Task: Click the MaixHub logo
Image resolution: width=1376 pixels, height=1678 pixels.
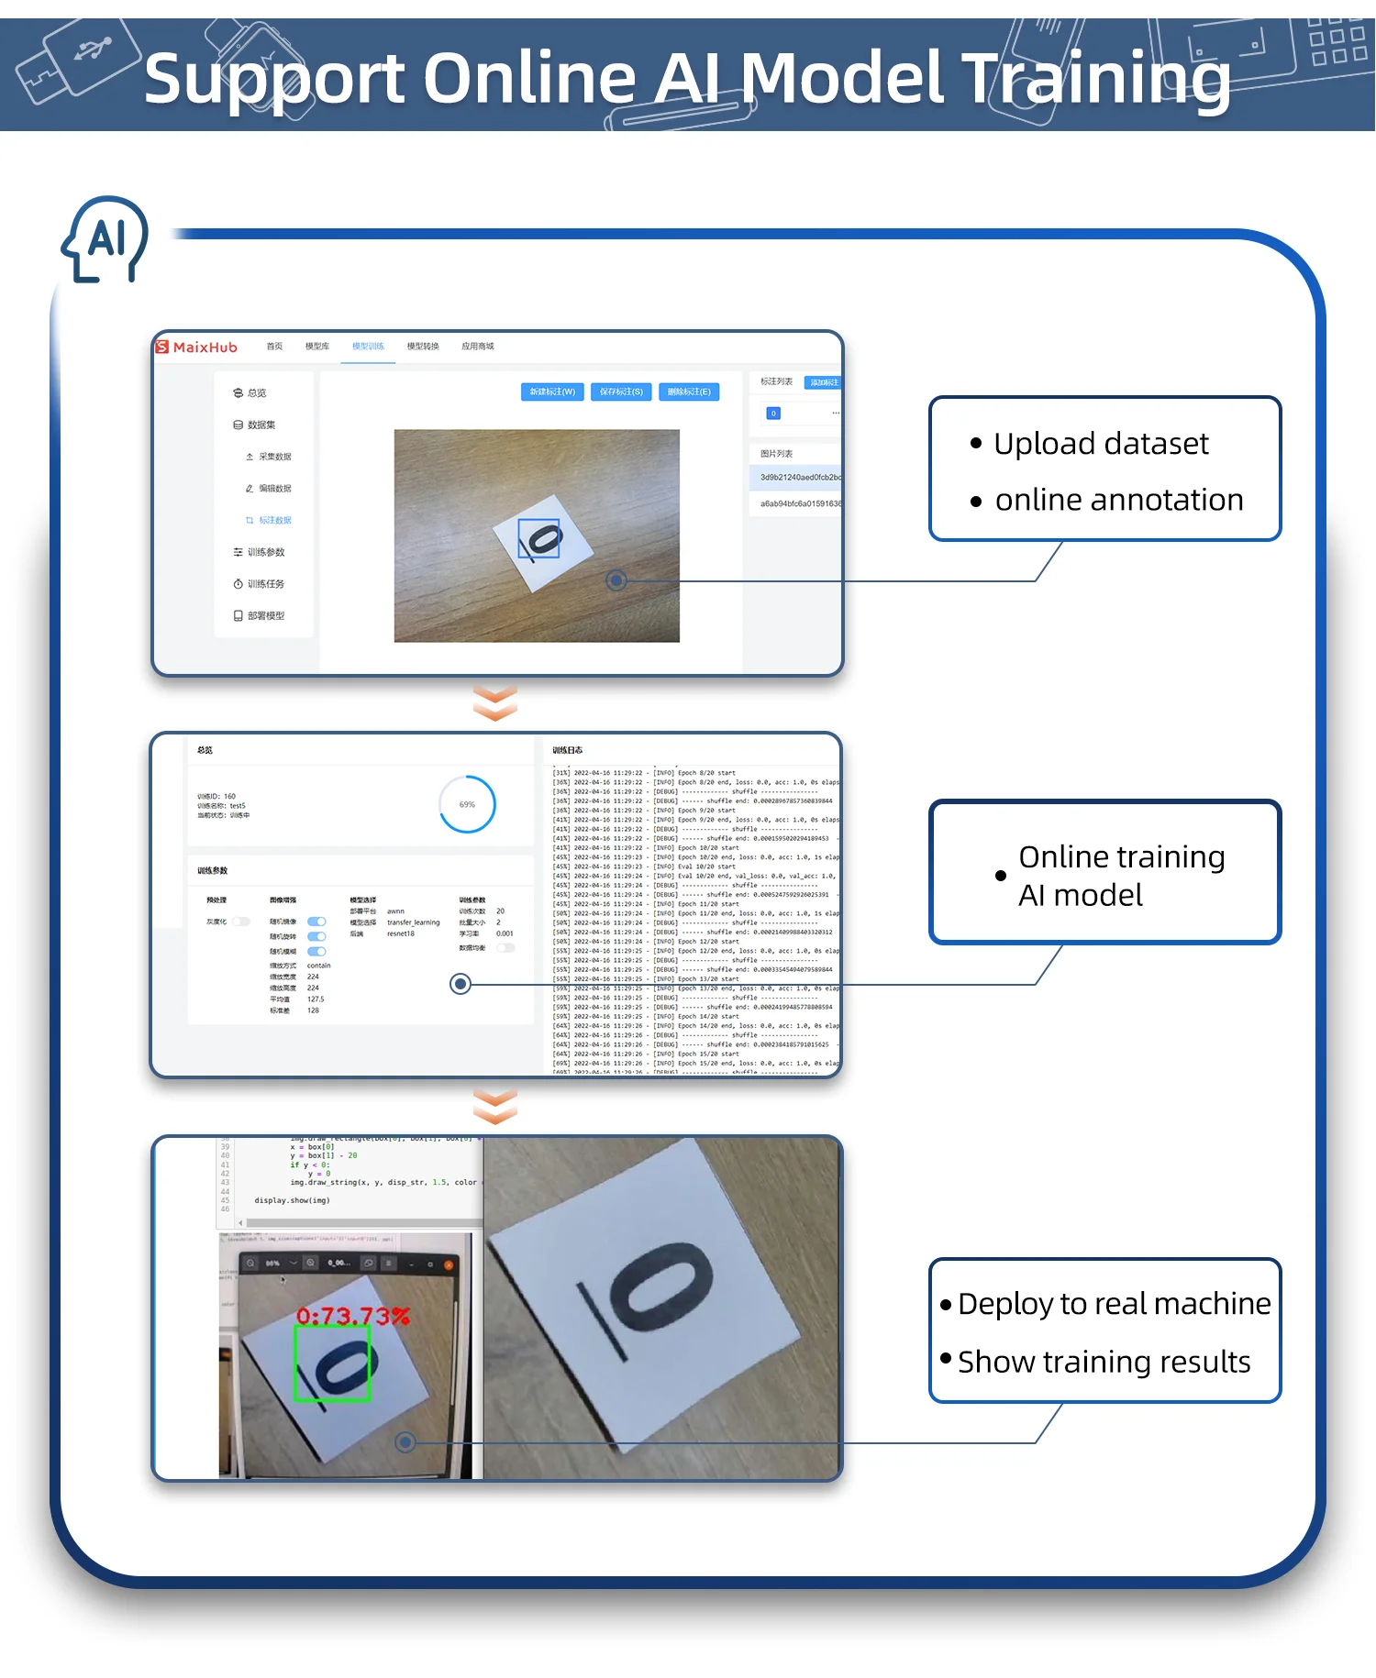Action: coord(196,347)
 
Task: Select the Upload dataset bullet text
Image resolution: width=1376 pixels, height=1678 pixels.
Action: coord(1101,444)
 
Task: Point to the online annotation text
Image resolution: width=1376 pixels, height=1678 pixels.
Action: coord(1118,500)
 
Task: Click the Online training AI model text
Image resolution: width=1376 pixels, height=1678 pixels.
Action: coord(1121,875)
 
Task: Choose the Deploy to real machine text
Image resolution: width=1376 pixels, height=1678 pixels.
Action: coord(1114,1303)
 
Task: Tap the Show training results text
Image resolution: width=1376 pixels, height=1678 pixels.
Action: coord(1104,1362)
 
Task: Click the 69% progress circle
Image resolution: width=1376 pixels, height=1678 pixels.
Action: coord(467,804)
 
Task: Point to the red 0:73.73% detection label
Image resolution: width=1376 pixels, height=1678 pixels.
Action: coord(352,1316)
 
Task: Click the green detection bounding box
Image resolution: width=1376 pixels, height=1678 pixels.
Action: coord(331,1363)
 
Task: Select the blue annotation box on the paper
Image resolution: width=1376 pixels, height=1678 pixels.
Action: coord(539,537)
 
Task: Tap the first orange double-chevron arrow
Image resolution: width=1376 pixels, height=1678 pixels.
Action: coord(495,702)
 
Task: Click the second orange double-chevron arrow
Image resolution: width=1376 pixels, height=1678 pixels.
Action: coord(495,1106)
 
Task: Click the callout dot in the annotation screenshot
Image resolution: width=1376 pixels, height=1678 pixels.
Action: coord(616,580)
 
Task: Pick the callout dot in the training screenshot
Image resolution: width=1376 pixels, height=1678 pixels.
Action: coord(461,984)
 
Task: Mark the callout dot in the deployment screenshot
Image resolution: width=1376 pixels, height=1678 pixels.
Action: coord(405,1442)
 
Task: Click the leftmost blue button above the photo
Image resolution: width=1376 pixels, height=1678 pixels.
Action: coord(552,392)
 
